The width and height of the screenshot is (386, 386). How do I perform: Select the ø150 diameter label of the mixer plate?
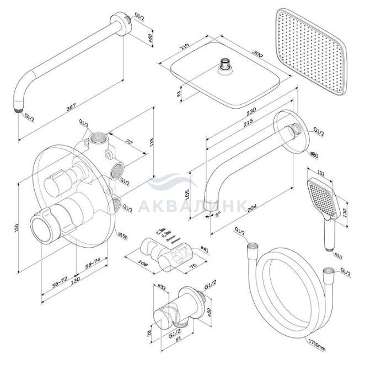tap(123, 236)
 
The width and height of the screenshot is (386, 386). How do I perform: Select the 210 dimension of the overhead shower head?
tap(185, 46)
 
